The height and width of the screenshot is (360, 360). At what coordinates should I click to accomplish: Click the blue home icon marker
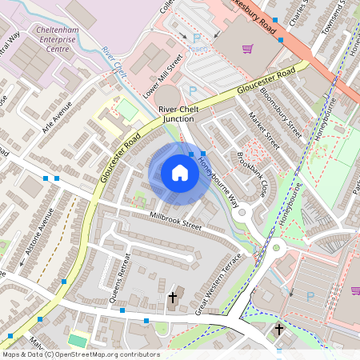pos(180,172)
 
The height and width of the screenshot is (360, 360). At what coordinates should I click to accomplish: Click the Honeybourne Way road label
pos(218,181)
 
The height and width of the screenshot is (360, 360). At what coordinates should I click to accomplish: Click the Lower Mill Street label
pos(163,74)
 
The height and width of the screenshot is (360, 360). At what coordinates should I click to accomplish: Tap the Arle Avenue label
pos(67,119)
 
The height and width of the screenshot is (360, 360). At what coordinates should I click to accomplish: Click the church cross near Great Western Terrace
pos(172,298)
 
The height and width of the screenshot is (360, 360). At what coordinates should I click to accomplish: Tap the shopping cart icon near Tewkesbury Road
pos(248,49)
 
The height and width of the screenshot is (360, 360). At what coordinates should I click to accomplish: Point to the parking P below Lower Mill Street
pos(191,91)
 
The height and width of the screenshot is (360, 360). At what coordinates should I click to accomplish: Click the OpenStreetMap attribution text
pos(80,354)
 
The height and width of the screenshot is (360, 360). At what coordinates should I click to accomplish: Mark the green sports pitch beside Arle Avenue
pos(127,110)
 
